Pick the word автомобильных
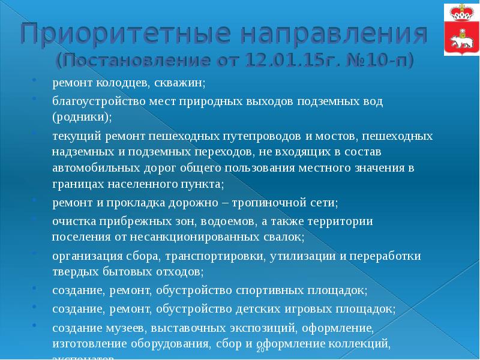[x=90, y=168]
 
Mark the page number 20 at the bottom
[x=260, y=350]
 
